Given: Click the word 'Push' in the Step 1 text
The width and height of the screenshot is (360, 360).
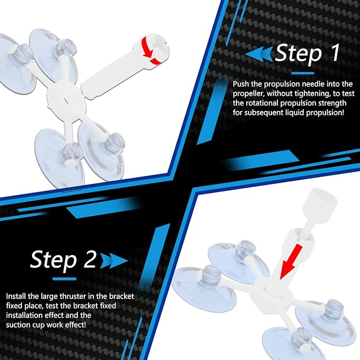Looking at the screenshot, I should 241,84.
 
